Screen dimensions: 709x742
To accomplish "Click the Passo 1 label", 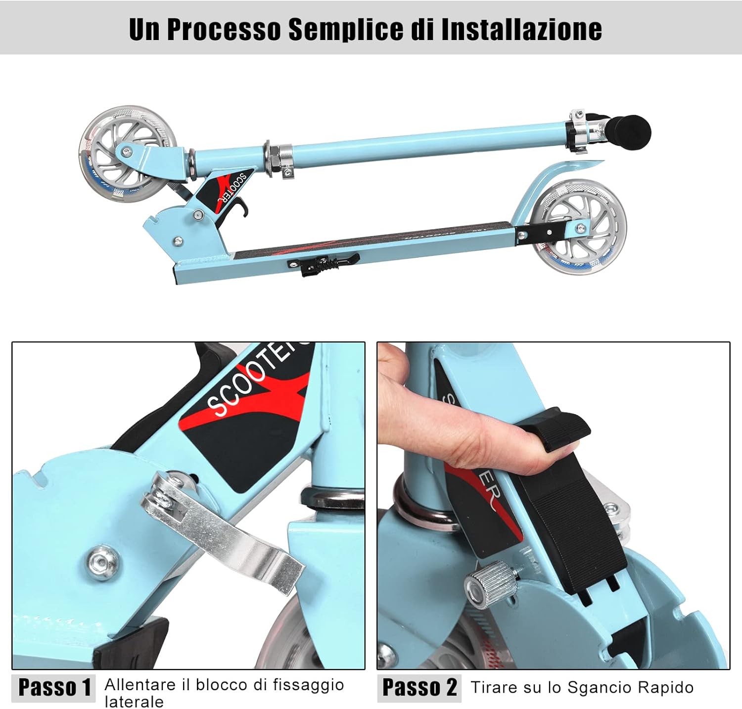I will tap(54, 687).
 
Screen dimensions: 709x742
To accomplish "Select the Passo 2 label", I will tap(419, 687).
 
